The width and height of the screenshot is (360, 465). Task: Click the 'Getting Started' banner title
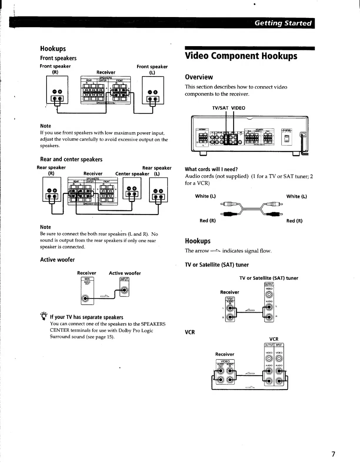coord(283,23)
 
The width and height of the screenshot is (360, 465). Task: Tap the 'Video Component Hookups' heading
coord(241,56)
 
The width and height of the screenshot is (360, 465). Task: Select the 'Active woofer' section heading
coord(57,260)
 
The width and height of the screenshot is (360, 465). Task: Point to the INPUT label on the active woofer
coord(124,279)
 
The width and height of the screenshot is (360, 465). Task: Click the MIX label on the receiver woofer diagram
coord(87,279)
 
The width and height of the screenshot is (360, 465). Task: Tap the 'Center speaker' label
coord(132,174)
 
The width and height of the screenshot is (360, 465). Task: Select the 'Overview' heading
coord(199,77)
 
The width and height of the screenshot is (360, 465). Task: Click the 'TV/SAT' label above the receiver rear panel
coord(220,108)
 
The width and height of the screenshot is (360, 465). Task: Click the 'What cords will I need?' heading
coord(211,169)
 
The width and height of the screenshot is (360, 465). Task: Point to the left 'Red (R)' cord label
coord(207,220)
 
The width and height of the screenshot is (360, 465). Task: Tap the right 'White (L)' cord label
coord(296,196)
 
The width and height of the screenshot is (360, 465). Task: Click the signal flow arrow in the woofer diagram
coord(105,296)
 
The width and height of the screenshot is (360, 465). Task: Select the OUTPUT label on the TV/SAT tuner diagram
coord(269,284)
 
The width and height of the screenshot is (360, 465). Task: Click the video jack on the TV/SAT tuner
coord(269,294)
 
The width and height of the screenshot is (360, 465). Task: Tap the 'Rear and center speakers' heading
coord(71,159)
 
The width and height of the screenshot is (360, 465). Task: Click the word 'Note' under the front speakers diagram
coord(46,126)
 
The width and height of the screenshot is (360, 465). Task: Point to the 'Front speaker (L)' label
coord(152,69)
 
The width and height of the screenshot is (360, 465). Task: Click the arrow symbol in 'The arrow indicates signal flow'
coord(215,251)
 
